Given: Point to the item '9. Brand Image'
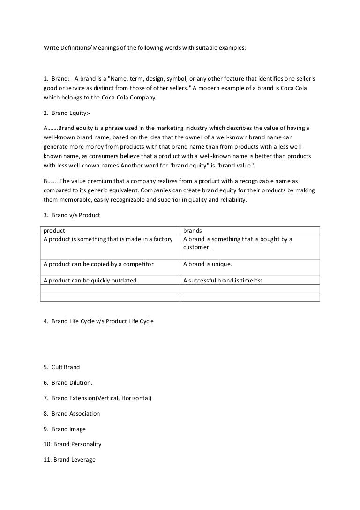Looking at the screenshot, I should point(64,429).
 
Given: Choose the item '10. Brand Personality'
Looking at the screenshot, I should point(72,444).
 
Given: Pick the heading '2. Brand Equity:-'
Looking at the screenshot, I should point(66,113).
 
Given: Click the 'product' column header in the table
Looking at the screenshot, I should point(54,231).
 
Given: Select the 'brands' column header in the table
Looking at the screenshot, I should point(192,231).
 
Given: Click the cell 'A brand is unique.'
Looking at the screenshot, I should point(207,264).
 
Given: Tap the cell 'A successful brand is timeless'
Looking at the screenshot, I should point(223,281).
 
